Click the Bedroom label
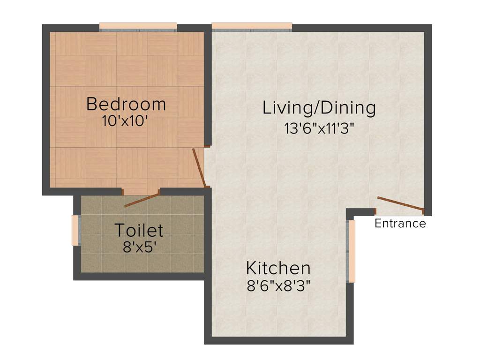(x=126, y=104)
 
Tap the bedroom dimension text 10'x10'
(x=125, y=121)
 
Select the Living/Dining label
(x=319, y=108)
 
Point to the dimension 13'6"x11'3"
(x=319, y=128)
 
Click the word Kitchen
(x=278, y=269)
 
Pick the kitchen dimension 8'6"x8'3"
(x=279, y=285)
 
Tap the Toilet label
(x=139, y=231)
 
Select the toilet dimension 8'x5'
(x=139, y=247)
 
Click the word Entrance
(x=400, y=224)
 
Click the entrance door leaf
(x=401, y=204)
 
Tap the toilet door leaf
(x=142, y=200)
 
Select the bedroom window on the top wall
(x=138, y=27)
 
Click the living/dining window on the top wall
(x=252, y=27)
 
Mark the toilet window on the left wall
(x=75, y=230)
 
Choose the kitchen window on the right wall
(x=352, y=251)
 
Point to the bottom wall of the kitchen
(x=279, y=340)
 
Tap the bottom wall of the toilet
(x=139, y=276)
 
